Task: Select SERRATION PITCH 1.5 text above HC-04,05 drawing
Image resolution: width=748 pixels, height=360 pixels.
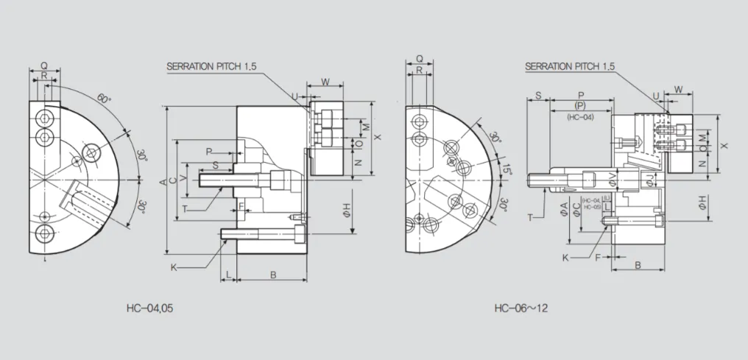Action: point(211,66)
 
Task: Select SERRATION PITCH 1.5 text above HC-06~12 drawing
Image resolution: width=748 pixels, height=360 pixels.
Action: point(569,66)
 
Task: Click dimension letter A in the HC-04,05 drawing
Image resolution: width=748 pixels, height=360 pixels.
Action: point(162,180)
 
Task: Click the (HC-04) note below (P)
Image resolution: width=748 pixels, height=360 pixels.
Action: point(580,117)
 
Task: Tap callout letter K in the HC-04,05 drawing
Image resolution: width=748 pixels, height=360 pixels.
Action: point(174,267)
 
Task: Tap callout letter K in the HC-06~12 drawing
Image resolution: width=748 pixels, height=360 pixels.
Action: point(565,258)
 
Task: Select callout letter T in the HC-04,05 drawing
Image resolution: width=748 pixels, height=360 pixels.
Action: point(185,208)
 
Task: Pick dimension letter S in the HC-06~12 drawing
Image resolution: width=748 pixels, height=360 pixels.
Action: point(538,96)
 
